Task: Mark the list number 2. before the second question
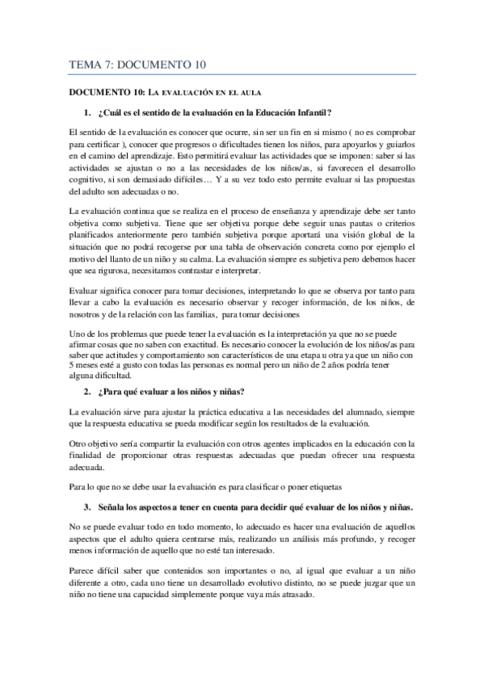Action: (x=86, y=393)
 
